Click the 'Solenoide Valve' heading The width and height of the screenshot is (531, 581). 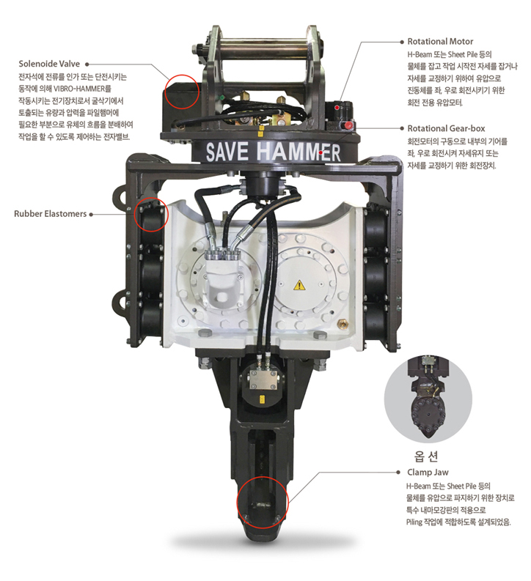tap(49, 64)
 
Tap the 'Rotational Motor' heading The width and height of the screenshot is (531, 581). tap(440, 42)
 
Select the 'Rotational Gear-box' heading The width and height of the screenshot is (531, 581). tap(446, 128)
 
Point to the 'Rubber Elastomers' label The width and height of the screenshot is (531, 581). tap(50, 214)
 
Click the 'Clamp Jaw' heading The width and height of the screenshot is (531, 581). tap(428, 473)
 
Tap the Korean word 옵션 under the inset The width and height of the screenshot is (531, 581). tap(426, 456)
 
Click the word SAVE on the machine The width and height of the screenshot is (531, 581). tap(227, 152)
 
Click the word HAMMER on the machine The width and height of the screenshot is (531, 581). tap(299, 152)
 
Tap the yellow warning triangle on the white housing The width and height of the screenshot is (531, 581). tap(299, 285)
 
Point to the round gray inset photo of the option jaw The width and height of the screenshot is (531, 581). tap(428, 399)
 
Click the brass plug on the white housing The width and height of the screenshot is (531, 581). tap(342, 324)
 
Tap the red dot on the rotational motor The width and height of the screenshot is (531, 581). tap(337, 108)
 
